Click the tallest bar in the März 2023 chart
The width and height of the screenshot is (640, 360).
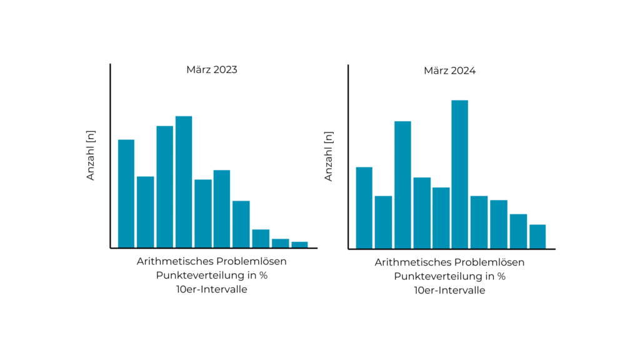point(184,182)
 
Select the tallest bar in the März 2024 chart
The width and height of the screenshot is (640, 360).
point(459,174)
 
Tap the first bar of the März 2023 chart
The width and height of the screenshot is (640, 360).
point(126,193)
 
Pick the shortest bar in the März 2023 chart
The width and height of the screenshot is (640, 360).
point(299,244)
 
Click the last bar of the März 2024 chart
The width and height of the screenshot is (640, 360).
point(537,236)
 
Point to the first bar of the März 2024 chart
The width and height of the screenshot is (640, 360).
point(364,207)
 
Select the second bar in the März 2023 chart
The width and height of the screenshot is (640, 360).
point(145,212)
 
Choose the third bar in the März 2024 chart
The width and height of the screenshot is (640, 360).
point(402,184)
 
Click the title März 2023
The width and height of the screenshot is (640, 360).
point(212,70)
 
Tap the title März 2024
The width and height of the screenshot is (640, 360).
point(449,71)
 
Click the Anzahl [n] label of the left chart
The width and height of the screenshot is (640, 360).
point(91,156)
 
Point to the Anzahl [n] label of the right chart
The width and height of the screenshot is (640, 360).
point(329,156)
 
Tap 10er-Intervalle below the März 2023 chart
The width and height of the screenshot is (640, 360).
point(212,289)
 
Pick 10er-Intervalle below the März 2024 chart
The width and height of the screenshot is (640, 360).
point(449,290)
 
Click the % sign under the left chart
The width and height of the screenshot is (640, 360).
point(264,276)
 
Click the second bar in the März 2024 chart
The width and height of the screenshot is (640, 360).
point(383,222)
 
